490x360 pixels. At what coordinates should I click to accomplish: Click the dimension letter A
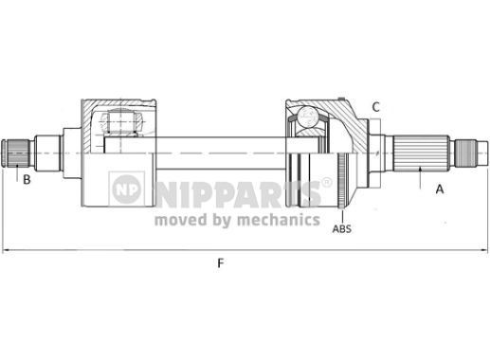click(439, 189)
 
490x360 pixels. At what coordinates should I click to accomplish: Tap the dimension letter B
click(27, 179)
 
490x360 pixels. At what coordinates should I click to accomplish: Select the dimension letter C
click(375, 106)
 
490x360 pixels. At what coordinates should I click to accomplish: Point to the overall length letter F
click(221, 263)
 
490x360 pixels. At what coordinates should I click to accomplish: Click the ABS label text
click(343, 227)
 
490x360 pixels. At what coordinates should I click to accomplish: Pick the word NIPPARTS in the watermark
click(238, 189)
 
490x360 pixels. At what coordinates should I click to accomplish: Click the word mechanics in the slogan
click(278, 220)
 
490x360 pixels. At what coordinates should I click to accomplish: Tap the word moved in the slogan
click(178, 220)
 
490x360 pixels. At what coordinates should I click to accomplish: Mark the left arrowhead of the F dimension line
click(7, 251)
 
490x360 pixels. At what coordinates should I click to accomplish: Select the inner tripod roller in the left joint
click(120, 123)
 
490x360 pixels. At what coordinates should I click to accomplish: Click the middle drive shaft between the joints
click(218, 151)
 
